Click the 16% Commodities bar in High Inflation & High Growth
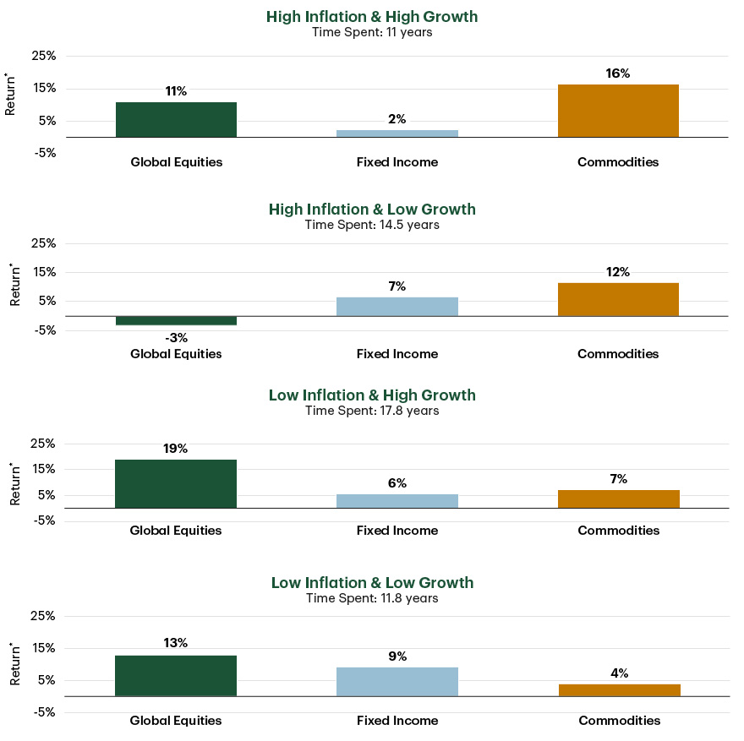tap(618, 111)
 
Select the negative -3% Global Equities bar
tap(176, 320)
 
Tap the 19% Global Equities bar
tap(176, 483)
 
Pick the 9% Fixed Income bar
tap(397, 682)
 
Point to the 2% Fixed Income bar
tap(397, 133)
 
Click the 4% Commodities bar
tap(619, 690)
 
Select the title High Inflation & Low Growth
tap(372, 209)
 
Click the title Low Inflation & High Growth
tap(372, 395)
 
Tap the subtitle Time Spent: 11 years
tap(372, 32)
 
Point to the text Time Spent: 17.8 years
tap(372, 411)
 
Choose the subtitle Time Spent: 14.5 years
tap(372, 225)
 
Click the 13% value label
tap(176, 643)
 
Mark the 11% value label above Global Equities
tap(176, 91)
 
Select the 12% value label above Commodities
tap(618, 272)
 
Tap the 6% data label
tap(397, 483)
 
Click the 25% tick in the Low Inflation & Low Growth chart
tap(42, 616)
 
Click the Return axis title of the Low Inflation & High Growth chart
tap(14, 484)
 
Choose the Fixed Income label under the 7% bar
tap(397, 354)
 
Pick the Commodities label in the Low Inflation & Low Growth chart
tap(619, 721)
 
